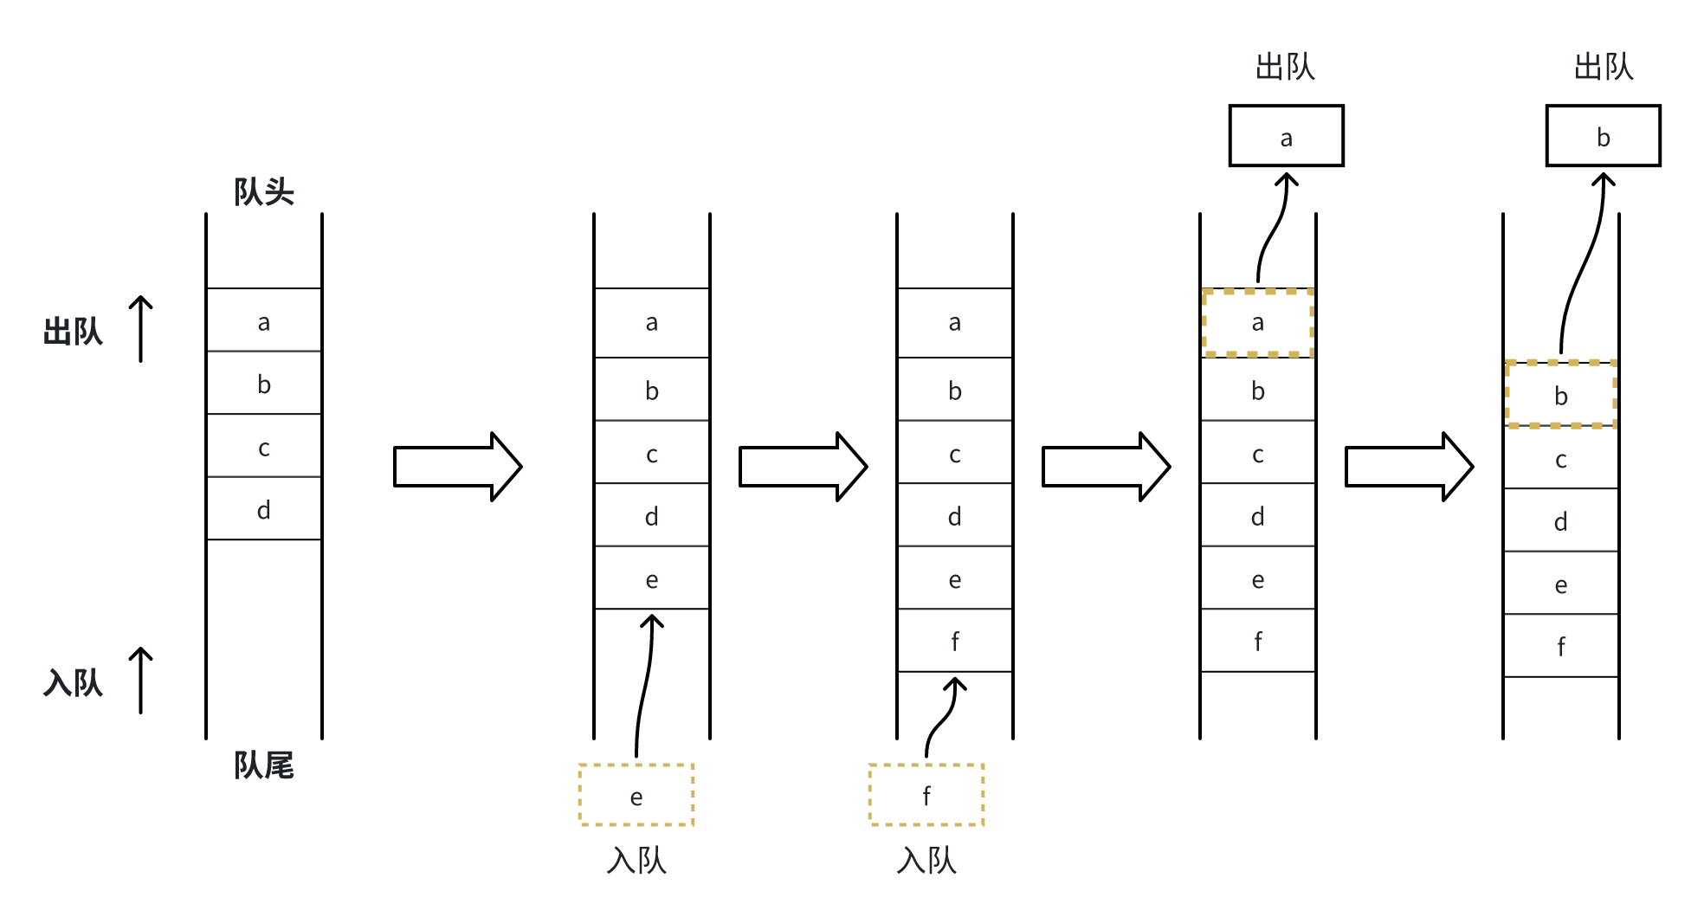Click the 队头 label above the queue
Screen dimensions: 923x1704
[x=264, y=191]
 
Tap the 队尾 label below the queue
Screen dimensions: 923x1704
[x=264, y=765]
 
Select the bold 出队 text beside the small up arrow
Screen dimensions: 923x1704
[x=73, y=332]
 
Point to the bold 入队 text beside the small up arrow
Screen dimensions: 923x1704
[x=73, y=683]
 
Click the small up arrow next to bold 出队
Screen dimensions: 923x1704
[x=141, y=329]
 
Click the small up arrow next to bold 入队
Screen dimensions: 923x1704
[x=141, y=681]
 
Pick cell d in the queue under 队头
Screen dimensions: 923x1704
[x=264, y=509]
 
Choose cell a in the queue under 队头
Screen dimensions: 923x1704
[x=264, y=321]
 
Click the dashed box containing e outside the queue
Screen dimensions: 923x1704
[x=636, y=796]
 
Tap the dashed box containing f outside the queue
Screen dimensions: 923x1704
[x=926, y=796]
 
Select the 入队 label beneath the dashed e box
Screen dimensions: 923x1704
[x=636, y=861]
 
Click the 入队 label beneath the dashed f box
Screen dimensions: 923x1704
[x=926, y=861]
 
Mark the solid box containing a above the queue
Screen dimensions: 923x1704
[x=1287, y=137]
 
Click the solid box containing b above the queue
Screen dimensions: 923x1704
[x=1604, y=137]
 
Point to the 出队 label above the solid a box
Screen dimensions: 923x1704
[x=1286, y=67]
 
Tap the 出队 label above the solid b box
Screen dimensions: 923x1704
[x=1604, y=67]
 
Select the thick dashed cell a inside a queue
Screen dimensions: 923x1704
[x=1258, y=323]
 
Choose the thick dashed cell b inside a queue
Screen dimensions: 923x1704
[x=1561, y=395]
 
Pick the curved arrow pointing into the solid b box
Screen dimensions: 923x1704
[x=1583, y=260]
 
